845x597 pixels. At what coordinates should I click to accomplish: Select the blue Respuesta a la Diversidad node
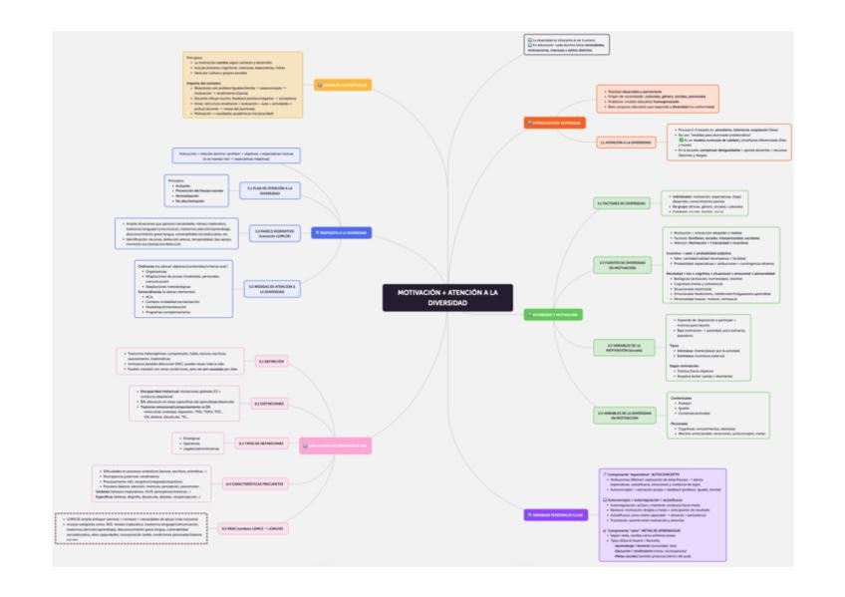[x=341, y=232]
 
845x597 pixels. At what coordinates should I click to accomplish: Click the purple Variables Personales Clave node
[x=551, y=514]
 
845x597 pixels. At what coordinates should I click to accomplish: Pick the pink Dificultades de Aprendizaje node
[x=337, y=446]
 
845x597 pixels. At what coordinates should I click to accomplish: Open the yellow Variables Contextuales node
[x=343, y=86]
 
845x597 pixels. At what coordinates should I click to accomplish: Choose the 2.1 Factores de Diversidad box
[x=622, y=203]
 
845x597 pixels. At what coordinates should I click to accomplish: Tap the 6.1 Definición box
[x=271, y=361]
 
